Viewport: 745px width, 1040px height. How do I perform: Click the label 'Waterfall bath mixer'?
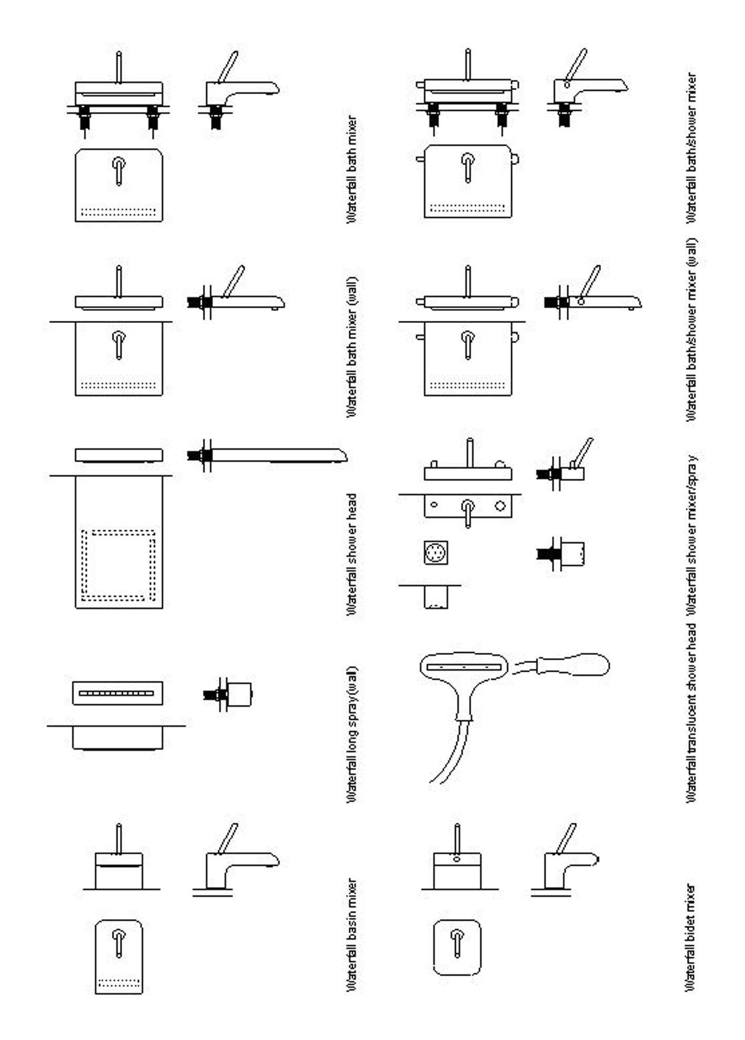pos(352,169)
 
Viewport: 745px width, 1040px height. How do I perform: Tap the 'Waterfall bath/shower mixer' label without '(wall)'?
pos(691,148)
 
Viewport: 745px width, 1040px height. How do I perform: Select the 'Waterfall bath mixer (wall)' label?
pos(352,347)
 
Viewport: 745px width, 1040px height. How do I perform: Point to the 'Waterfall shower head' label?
pos(352,554)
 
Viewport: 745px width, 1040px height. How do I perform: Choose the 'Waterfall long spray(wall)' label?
pos(352,734)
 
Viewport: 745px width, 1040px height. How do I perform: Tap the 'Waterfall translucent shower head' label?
pos(691,713)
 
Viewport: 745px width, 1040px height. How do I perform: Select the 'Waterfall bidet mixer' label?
pos(691,938)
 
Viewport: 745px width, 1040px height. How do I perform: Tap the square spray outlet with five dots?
pos(436,553)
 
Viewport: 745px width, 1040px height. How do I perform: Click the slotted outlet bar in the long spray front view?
pos(117,693)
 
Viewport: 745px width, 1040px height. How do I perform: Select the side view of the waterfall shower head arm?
pos(267,455)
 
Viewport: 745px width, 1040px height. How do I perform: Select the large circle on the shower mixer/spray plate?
pos(500,506)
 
